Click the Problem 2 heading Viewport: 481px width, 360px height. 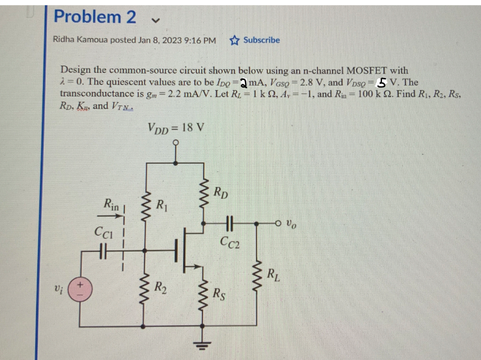(95, 17)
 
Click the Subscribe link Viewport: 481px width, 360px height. (261, 40)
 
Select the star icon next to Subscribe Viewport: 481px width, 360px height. (234, 40)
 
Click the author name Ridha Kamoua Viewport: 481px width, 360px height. (81, 40)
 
